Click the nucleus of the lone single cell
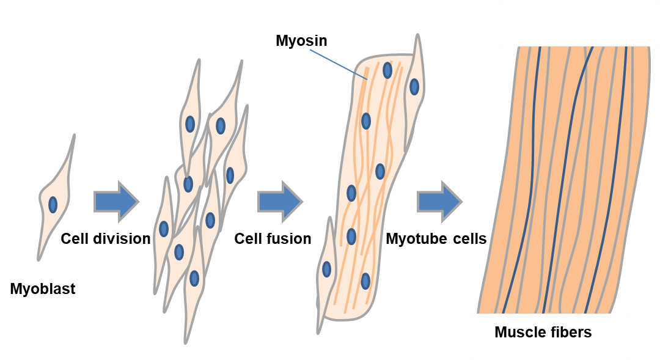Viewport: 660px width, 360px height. pos(53,205)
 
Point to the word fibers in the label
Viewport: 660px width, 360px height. pos(570,332)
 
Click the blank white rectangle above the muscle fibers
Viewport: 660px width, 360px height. pos(579,23)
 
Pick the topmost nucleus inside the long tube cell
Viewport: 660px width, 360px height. pos(387,70)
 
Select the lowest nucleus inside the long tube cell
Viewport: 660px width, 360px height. pos(365,281)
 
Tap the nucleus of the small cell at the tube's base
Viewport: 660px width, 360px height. pos(327,269)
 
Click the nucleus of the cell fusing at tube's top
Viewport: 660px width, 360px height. pos(414,87)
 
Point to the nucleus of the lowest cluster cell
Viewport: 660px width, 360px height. pos(194,279)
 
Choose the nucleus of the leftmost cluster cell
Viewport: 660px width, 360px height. pos(164,229)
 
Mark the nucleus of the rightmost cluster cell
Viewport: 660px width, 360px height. pos(230,175)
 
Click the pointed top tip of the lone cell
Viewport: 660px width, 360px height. pos(75,135)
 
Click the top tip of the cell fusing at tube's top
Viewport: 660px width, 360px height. pos(418,35)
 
